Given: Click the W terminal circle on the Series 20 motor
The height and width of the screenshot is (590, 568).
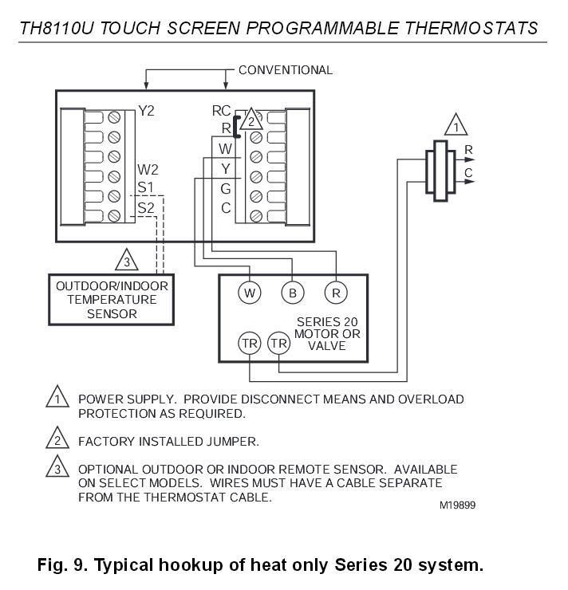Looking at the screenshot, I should point(250,293).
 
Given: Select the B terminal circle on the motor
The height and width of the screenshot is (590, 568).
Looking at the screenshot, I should point(293,293).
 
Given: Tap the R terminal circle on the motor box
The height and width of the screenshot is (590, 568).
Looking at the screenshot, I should point(336,293).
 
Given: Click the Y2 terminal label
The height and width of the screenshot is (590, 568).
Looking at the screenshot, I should point(148,112).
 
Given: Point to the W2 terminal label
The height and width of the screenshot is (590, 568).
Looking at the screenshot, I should point(148,170).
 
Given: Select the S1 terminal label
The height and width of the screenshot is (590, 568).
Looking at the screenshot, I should point(145,187).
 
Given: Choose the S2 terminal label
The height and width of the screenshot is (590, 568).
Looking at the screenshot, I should point(145,207).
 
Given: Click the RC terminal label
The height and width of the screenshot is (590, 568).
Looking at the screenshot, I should point(221,111).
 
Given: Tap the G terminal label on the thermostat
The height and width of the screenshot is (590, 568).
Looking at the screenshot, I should point(226,189).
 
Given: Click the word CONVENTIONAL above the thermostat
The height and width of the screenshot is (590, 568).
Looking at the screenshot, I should point(285,70).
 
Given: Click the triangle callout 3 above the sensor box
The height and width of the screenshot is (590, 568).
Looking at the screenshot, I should point(125,261).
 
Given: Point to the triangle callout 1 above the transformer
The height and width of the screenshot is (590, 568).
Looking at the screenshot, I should point(456,126).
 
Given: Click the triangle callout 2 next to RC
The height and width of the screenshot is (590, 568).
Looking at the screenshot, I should point(250,120).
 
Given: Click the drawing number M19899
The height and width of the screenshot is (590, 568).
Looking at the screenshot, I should point(457,505).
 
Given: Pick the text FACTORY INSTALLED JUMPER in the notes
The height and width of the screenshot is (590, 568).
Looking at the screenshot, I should point(168,441).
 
